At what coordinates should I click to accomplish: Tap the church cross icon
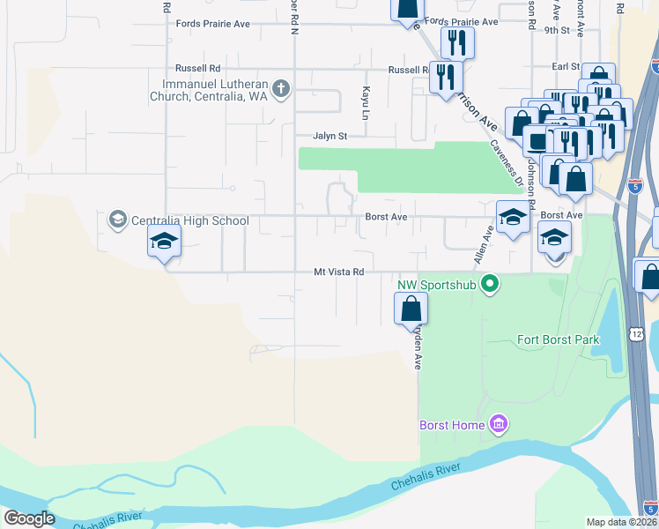tap(281, 88)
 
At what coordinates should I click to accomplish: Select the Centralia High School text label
tap(190, 220)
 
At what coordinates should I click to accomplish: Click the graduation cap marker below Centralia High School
tap(164, 242)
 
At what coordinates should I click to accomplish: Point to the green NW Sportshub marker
tap(492, 284)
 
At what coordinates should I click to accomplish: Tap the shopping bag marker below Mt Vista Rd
tap(411, 309)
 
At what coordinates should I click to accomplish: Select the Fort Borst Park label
tap(559, 339)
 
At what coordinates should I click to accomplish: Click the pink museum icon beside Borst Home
tap(499, 425)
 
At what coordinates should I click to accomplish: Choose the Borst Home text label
tap(452, 426)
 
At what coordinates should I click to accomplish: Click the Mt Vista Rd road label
tap(339, 272)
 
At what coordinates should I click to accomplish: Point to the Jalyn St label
tap(331, 136)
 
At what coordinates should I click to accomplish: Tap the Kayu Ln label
tap(363, 103)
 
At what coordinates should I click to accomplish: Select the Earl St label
tap(565, 66)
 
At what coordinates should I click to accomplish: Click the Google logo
tap(29, 518)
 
